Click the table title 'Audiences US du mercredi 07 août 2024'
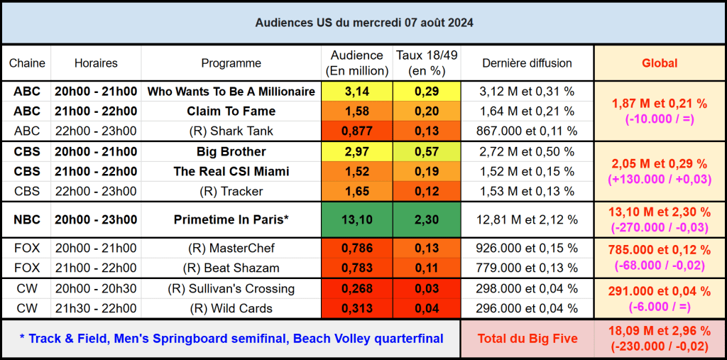[363, 23]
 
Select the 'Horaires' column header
[96, 63]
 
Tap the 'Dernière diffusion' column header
[527, 63]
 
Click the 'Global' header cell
[660, 63]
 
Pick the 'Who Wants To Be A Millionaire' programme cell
[231, 92]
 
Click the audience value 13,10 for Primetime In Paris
[356, 220]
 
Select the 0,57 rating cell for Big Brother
[427, 152]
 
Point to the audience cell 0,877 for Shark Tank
[356, 131]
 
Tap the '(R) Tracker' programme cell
[231, 191]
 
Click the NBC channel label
[27, 220]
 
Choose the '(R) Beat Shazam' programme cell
[231, 267]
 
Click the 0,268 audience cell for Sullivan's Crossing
[356, 288]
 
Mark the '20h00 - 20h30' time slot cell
[96, 288]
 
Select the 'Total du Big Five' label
[527, 339]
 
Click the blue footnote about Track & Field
[231, 339]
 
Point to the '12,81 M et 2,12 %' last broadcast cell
[527, 220]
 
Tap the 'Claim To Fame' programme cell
[231, 111]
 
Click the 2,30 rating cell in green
[427, 220]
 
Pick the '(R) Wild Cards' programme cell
[231, 308]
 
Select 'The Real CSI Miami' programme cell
[231, 172]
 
